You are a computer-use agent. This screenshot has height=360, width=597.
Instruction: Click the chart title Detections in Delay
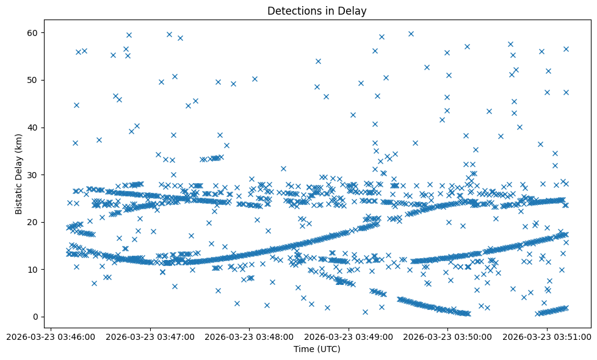coord(317,10)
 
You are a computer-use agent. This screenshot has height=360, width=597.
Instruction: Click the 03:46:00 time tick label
coord(51,336)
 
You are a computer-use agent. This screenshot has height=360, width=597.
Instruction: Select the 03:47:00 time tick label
coord(150,336)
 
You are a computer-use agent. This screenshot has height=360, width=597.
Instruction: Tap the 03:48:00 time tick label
coord(249,336)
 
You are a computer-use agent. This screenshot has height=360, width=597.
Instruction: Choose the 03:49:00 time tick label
coord(349,336)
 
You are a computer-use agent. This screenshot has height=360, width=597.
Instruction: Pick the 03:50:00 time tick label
coord(447,336)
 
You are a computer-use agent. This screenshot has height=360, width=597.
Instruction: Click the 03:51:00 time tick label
coord(546,336)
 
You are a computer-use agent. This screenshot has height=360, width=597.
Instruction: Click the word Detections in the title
coord(292,10)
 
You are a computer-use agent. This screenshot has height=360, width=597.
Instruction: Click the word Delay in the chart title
coord(353,10)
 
